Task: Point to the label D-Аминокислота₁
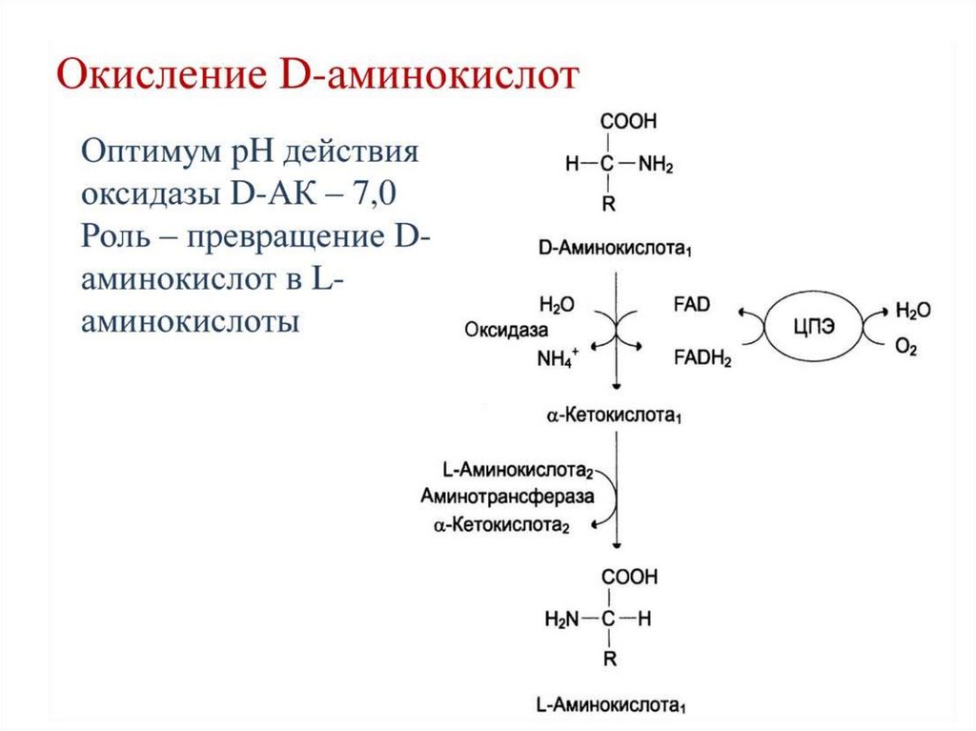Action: point(614,250)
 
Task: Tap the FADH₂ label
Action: point(702,358)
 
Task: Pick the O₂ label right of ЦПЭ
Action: point(905,349)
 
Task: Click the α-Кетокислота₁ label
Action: point(614,416)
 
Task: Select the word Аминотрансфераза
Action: point(506,497)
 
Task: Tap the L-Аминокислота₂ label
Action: point(518,471)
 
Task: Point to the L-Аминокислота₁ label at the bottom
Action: point(612,706)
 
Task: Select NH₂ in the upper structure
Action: point(656,165)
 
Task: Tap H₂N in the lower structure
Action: point(561,619)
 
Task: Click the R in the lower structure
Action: point(607,660)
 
